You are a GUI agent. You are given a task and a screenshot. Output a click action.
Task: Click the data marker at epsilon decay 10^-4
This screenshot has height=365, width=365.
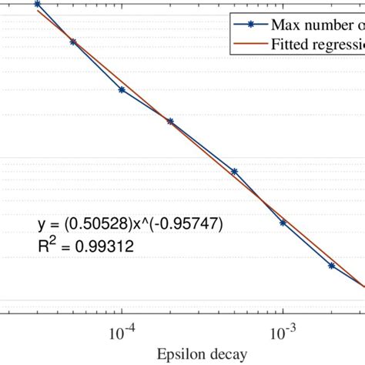[x=122, y=89]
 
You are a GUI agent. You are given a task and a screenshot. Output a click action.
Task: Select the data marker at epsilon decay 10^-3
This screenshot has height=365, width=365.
[x=283, y=223]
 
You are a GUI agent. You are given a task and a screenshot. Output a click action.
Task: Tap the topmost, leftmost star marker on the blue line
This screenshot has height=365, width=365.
[x=38, y=4]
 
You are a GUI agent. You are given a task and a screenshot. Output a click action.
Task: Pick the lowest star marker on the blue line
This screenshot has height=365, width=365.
[x=332, y=266]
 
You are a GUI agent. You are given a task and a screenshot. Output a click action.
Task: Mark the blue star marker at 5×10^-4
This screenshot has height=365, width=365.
[x=234, y=171]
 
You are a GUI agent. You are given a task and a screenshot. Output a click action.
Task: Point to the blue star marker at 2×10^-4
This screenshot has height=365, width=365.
[x=170, y=121]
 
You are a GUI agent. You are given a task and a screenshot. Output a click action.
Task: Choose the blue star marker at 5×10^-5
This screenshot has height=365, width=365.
[x=73, y=42]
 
